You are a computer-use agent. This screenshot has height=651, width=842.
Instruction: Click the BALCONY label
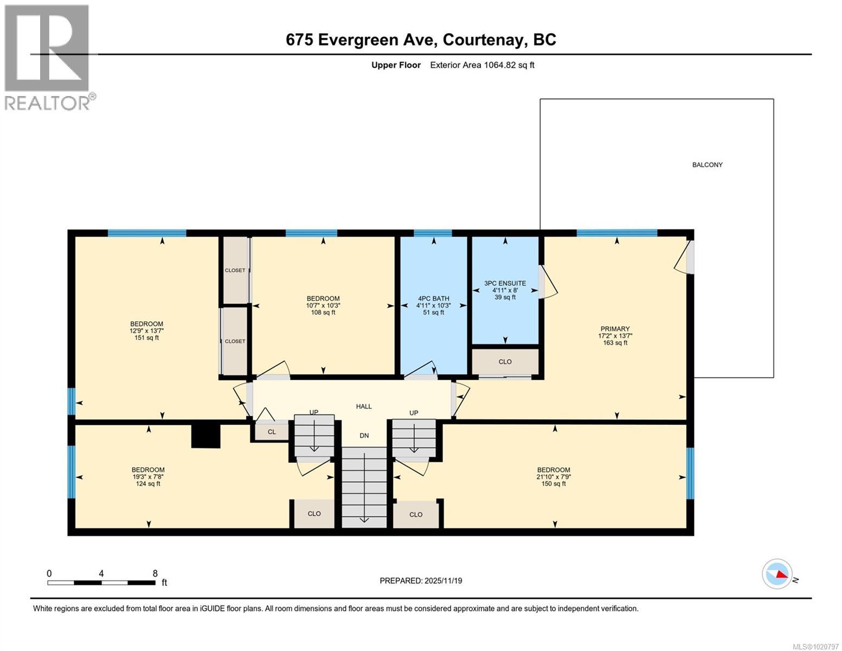tap(707, 165)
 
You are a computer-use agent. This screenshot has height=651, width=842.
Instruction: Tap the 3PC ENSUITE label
tap(505, 283)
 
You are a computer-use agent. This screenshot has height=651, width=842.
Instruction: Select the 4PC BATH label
tap(433, 298)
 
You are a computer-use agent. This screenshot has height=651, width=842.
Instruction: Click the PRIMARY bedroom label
tap(615, 329)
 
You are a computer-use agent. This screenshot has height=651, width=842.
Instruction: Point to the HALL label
tap(364, 406)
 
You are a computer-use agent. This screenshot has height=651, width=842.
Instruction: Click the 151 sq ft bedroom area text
tap(146, 338)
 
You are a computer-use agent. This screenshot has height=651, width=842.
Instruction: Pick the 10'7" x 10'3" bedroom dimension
tap(323, 305)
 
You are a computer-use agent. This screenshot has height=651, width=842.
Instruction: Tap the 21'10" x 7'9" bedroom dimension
tap(554, 477)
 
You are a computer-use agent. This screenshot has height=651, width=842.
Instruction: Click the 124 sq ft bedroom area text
tap(148, 484)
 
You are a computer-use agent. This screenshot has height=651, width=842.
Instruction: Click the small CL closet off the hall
tap(272, 432)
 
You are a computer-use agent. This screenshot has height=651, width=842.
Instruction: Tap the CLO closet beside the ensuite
tap(505, 362)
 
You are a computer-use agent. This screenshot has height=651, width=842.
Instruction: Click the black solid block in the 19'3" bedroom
tap(206, 436)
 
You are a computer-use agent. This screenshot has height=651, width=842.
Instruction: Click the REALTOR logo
tap(48, 57)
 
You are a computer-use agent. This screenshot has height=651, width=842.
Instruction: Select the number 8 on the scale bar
tap(155, 573)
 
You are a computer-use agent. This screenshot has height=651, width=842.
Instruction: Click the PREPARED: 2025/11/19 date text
tap(421, 580)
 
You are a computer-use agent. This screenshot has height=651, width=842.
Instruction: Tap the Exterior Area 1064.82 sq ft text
tap(482, 65)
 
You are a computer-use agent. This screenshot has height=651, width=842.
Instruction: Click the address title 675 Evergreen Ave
tap(421, 40)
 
